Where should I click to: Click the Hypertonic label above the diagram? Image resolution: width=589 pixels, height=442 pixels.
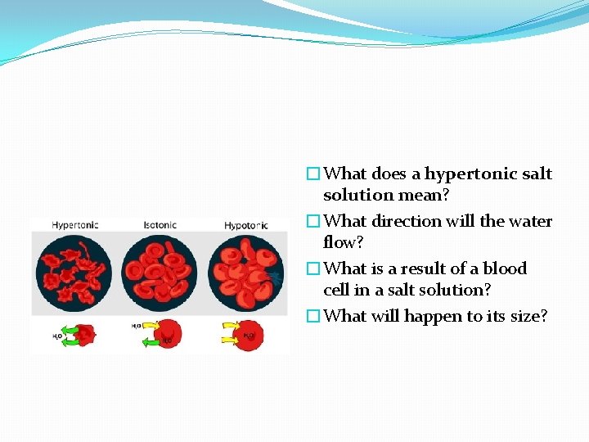pos(75,224)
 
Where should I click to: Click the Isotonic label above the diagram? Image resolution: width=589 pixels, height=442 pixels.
pos(160,224)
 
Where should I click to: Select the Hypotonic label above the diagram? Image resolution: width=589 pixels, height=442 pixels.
pos(247,224)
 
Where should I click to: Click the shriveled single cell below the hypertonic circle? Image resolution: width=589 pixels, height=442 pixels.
pos(83,334)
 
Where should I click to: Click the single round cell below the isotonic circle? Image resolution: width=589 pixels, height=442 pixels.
pos(167,334)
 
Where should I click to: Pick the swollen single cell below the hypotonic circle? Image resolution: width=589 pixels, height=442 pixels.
pos(250,334)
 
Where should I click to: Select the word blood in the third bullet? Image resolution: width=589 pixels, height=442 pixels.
pos(505,268)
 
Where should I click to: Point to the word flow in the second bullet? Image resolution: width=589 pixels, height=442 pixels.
pos(341,242)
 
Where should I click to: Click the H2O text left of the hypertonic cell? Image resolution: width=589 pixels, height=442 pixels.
pos(58,336)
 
